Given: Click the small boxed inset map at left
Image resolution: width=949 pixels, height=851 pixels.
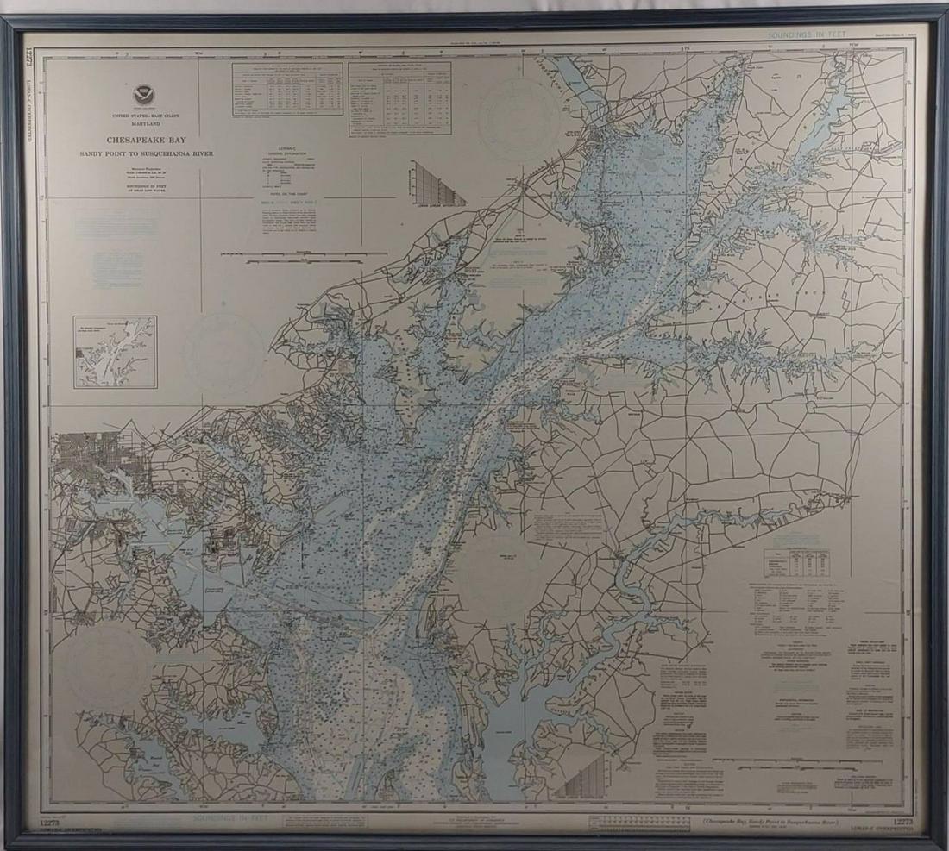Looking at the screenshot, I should pos(115,351).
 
